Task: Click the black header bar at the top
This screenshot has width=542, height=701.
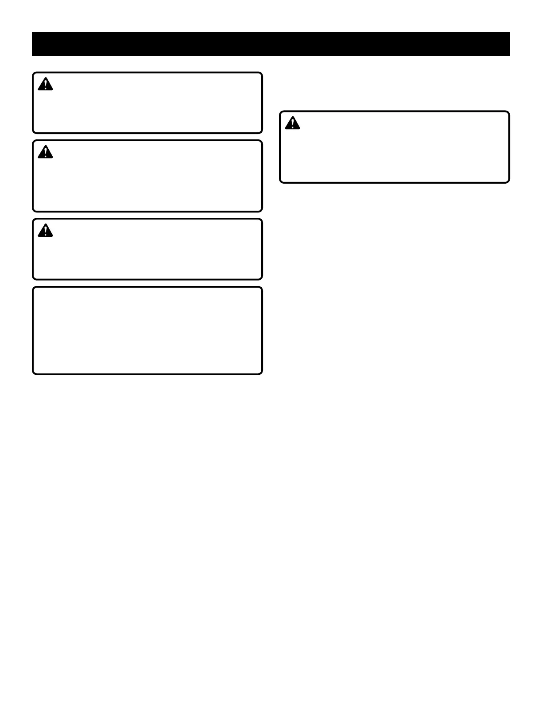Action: [x=271, y=44]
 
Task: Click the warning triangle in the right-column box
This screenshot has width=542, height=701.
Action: [x=292, y=123]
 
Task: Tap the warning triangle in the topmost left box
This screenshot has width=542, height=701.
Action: [x=45, y=84]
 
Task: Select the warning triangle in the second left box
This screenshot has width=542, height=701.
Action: [x=45, y=152]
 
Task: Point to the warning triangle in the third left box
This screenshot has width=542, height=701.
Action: [x=45, y=231]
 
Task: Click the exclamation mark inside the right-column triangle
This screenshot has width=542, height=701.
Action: [x=292, y=123]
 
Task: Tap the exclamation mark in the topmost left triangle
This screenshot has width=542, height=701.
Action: [x=45, y=85]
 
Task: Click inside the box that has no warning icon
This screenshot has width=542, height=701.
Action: [x=147, y=331]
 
